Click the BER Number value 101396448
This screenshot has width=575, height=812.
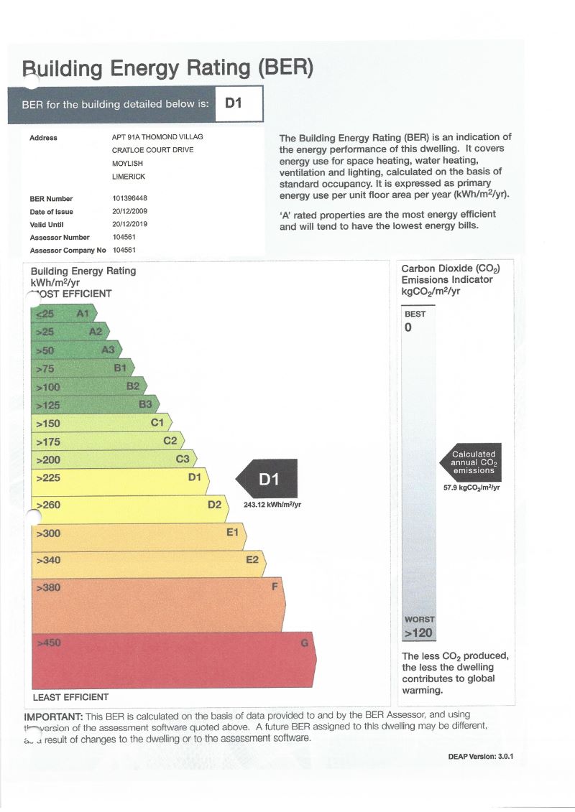pyautogui.click(x=130, y=199)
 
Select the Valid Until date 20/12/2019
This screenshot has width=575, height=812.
pyautogui.click(x=131, y=225)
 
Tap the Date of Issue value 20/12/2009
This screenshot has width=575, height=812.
pyautogui.click(x=131, y=212)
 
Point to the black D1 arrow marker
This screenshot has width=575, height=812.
pyautogui.click(x=264, y=478)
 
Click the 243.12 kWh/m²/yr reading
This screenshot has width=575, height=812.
pyautogui.click(x=272, y=505)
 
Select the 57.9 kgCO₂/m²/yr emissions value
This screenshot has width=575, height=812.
pyautogui.click(x=472, y=488)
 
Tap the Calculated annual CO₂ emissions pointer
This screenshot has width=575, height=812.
pyautogui.click(x=471, y=462)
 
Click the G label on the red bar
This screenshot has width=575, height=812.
pyautogui.click(x=304, y=643)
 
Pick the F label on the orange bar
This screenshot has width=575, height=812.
pyautogui.click(x=274, y=587)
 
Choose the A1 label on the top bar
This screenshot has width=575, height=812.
pyautogui.click(x=83, y=314)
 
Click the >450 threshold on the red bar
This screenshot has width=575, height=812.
pyautogui.click(x=49, y=643)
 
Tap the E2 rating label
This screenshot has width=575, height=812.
pyautogui.click(x=252, y=560)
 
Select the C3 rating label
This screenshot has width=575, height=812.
pyautogui.click(x=183, y=459)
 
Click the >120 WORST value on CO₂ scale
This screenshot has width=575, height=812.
pyautogui.click(x=418, y=633)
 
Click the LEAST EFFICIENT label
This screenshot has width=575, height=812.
pyautogui.click(x=71, y=697)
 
